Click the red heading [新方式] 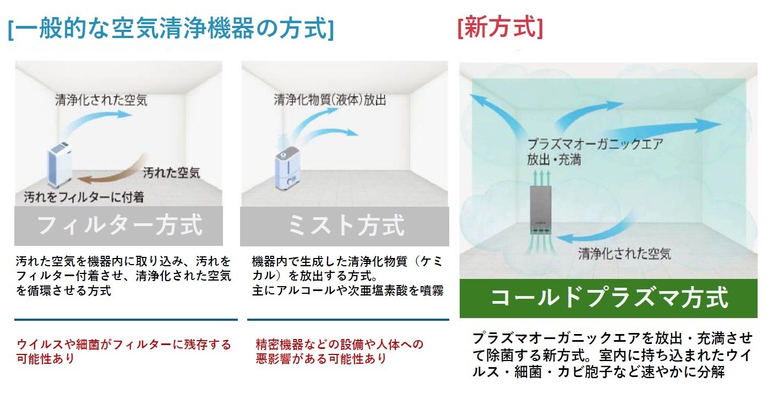click(499, 28)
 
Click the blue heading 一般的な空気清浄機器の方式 click(171, 29)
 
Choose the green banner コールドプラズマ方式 click(608, 298)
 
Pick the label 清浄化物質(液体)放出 click(330, 100)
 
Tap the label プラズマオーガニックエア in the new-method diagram click(595, 145)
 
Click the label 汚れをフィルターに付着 click(84, 196)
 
